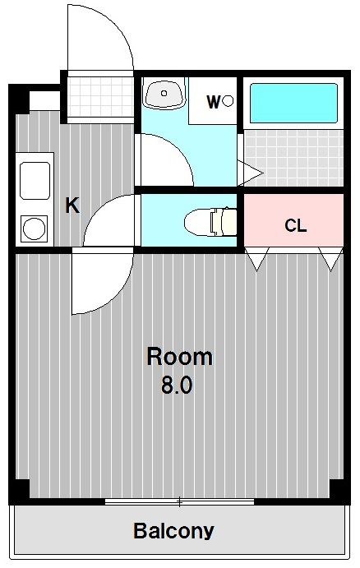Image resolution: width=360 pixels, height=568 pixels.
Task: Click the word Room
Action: (180, 358)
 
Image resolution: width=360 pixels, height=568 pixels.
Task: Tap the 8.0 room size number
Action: (177, 386)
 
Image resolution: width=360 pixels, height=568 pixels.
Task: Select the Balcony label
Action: (174, 531)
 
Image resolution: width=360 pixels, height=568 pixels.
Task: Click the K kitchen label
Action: (72, 205)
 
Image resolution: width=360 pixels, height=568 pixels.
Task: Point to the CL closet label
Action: (296, 226)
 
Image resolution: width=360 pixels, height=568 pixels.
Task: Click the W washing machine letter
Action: (214, 102)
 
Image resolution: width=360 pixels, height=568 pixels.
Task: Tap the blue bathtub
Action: (293, 104)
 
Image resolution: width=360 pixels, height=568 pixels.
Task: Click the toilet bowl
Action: (210, 222)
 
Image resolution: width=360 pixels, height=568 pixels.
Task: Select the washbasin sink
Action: (164, 93)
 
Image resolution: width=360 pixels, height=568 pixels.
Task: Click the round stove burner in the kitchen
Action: (35, 229)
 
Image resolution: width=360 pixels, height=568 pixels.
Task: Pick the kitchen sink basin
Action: (35, 180)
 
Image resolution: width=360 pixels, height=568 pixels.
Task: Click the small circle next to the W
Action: (228, 101)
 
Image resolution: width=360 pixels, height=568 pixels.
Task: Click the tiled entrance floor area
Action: (100, 97)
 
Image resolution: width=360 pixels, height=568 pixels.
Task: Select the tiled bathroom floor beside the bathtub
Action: (293, 158)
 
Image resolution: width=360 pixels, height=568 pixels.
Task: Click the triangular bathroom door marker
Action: (250, 173)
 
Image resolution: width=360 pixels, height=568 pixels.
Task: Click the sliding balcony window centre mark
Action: (179, 501)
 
